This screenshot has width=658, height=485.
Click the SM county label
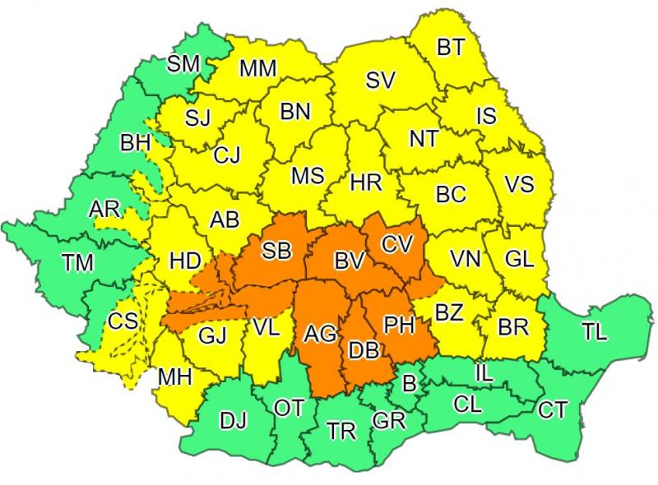coord(184,63)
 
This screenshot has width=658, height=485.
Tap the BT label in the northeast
coord(450,48)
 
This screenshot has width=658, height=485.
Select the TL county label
coord(594,332)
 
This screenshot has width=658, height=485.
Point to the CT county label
coord(553,409)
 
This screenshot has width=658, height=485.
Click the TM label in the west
coord(78,264)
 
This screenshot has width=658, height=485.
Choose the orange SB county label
coord(276,251)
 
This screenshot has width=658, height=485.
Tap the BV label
coord(349,261)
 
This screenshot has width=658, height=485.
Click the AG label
coord(319,335)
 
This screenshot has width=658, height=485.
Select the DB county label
coord(363,351)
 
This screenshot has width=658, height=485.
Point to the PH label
coord(399,326)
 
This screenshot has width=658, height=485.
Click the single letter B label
coord(409,382)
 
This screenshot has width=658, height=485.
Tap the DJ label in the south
coord(234,422)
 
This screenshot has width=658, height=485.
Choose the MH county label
coord(174,377)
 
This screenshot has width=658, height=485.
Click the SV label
coord(381,81)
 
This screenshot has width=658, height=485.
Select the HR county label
coord(366,182)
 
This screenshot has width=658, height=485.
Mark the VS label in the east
coord(519,183)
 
